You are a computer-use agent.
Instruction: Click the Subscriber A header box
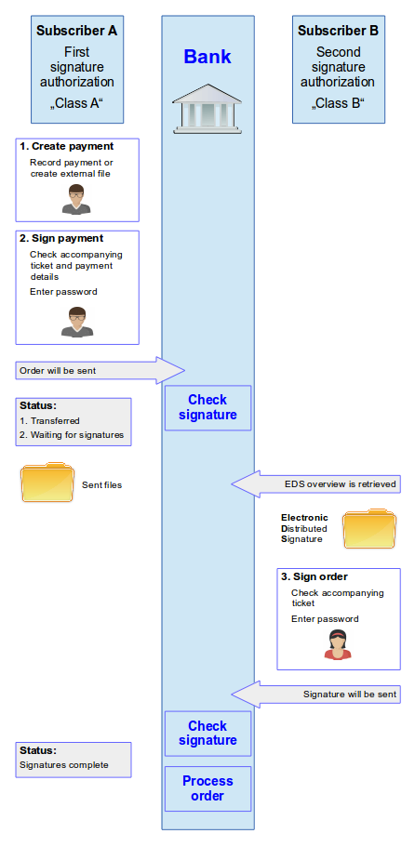(77, 69)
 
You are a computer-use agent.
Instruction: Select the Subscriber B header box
(338, 69)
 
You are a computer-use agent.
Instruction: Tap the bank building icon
(207, 109)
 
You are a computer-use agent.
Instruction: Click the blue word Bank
(207, 57)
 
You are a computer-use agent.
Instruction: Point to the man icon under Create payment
(76, 200)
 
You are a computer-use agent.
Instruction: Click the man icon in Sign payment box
(77, 322)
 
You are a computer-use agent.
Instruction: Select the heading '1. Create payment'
(66, 147)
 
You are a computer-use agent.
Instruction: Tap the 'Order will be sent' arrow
(100, 371)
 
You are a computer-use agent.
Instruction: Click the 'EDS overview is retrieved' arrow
(315, 484)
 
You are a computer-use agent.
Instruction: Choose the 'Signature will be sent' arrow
(315, 694)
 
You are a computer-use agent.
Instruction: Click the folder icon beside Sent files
(47, 483)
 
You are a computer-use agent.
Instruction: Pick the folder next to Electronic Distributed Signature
(368, 529)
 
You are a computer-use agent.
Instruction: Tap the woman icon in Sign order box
(338, 644)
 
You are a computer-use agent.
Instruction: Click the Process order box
(208, 788)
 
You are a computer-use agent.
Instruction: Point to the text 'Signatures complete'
(64, 764)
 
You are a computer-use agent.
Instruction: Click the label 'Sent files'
(102, 484)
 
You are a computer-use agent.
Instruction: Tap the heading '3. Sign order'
(314, 576)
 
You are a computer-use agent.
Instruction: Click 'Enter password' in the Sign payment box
(63, 292)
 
